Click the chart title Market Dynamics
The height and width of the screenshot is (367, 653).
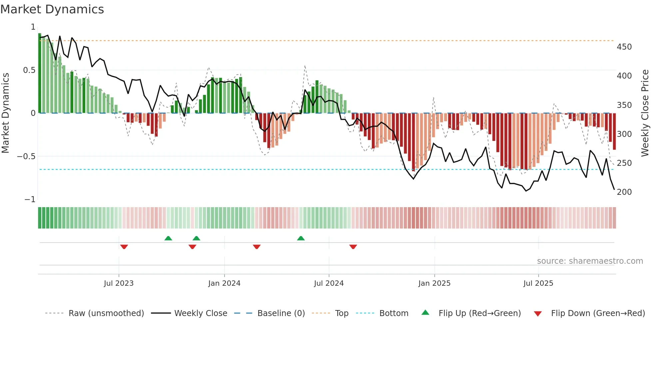click(52, 9)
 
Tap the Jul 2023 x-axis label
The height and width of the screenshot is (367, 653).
click(119, 283)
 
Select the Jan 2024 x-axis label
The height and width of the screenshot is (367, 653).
click(224, 283)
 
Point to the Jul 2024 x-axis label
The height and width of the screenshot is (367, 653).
click(329, 283)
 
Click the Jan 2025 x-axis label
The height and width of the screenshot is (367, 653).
click(434, 283)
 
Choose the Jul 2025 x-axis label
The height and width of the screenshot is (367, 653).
click(538, 283)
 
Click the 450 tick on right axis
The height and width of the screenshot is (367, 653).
click(624, 47)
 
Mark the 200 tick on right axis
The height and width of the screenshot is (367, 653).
click(624, 192)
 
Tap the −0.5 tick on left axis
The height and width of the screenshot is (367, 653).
click(26, 157)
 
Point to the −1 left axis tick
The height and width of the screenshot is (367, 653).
click(30, 199)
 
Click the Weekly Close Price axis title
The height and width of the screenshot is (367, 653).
click(645, 113)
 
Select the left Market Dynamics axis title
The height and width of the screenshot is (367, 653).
click(5, 113)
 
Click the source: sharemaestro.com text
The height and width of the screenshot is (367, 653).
click(590, 261)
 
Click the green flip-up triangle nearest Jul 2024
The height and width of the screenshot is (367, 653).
click(301, 238)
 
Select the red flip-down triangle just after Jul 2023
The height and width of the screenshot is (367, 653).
click(124, 247)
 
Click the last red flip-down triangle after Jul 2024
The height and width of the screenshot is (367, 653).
click(353, 247)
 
